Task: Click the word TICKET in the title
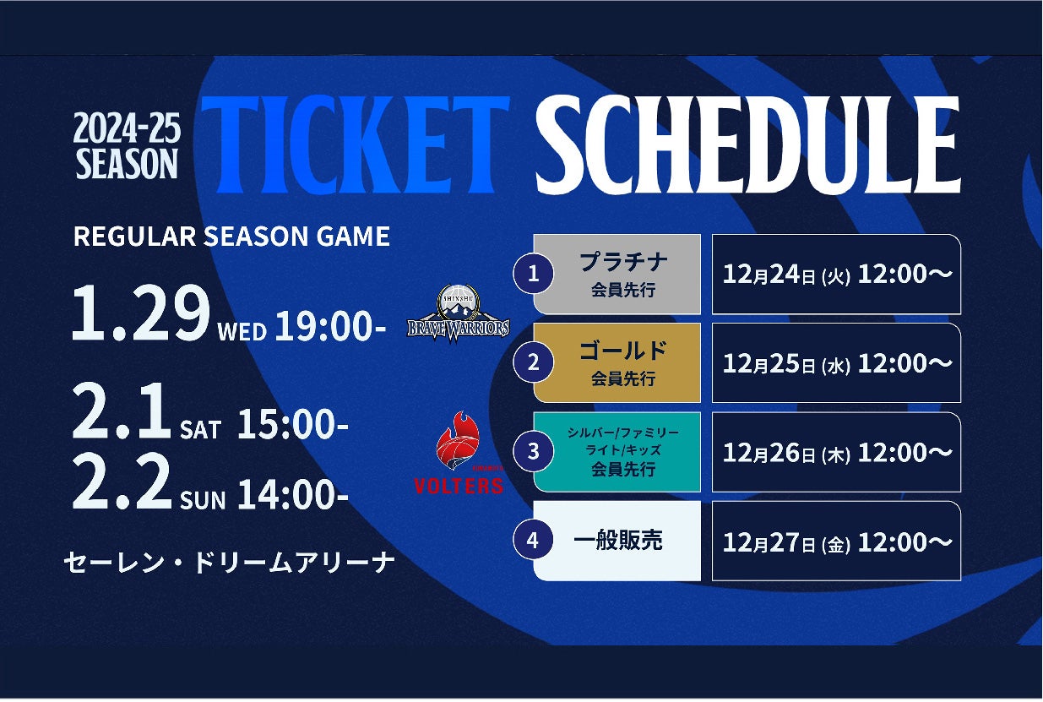click(356, 144)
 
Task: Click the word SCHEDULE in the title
click(747, 144)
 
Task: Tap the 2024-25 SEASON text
click(127, 146)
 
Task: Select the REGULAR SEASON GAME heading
click(231, 236)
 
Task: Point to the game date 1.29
click(141, 313)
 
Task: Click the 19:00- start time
click(330, 326)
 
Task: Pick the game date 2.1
click(121, 411)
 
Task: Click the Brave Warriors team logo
click(459, 313)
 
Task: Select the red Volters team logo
click(459, 452)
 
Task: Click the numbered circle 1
click(534, 274)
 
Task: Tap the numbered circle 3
click(534, 451)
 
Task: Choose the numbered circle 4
click(534, 541)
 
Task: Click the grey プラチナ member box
click(617, 274)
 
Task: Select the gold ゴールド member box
click(617, 363)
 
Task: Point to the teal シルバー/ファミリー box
click(617, 452)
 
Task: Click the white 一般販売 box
click(617, 541)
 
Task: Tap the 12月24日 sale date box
click(837, 274)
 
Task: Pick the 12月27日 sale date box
click(837, 541)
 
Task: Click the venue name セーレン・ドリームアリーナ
click(229, 563)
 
